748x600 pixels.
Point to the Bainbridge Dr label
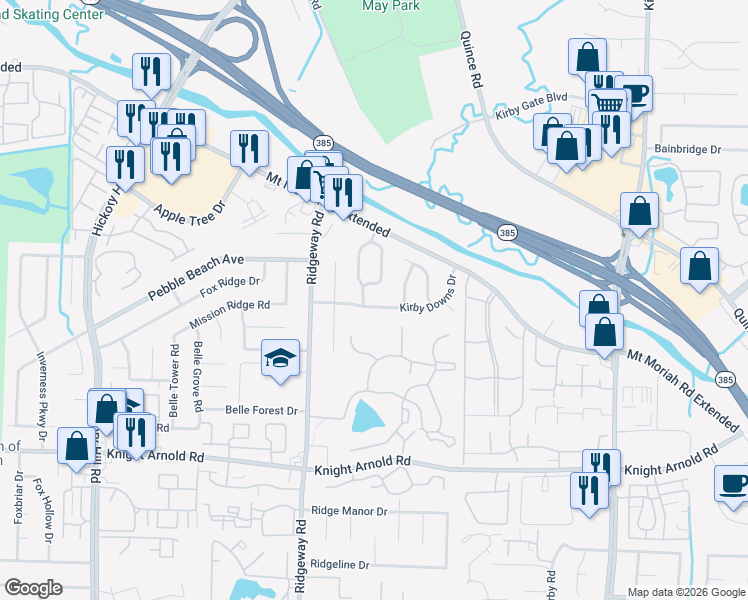(x=688, y=149)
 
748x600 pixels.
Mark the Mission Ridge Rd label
(x=229, y=315)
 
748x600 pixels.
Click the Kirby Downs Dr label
(x=431, y=294)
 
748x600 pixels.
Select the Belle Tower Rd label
(x=174, y=380)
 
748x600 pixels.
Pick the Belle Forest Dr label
(x=262, y=410)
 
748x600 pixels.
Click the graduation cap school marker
(x=281, y=359)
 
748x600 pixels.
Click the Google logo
(x=33, y=588)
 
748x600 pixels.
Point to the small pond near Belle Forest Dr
(x=367, y=414)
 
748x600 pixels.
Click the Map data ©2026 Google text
(x=686, y=592)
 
